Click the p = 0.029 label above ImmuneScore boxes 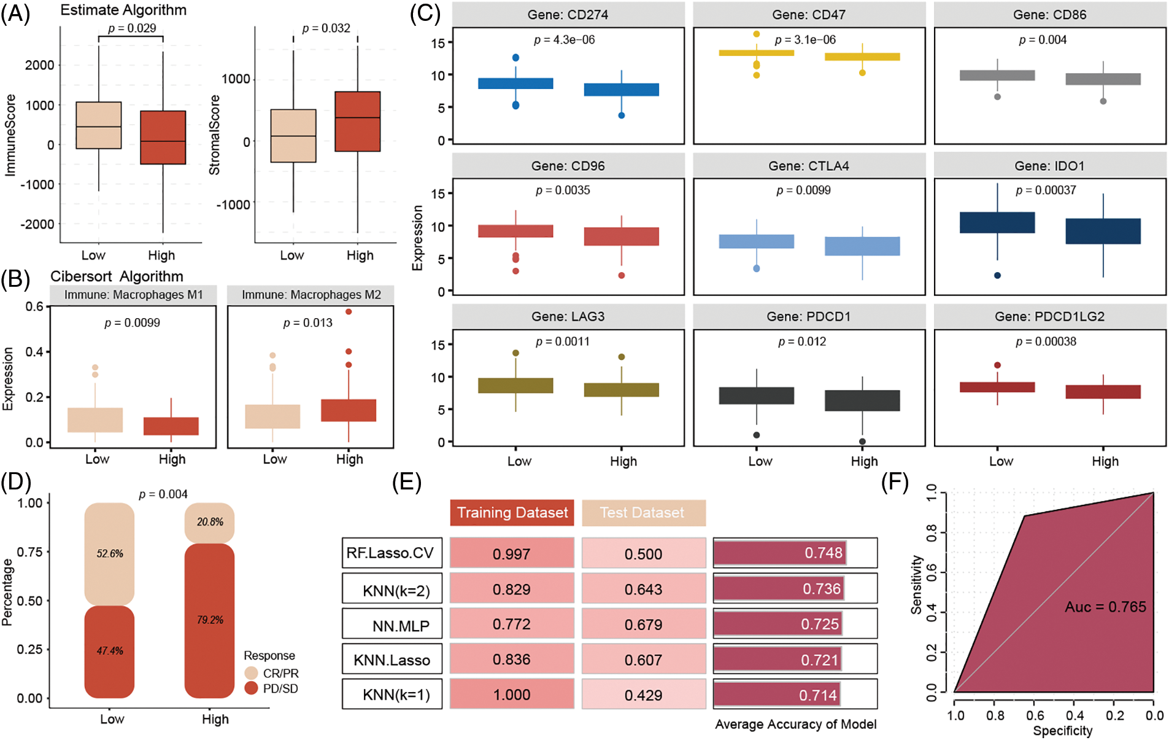pos(132,28)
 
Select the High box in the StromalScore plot pos(357,122)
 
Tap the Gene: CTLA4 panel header pos(809,166)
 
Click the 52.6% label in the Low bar pos(110,553)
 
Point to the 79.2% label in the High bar pos(210,620)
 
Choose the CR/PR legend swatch pos(251,673)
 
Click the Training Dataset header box pos(512,513)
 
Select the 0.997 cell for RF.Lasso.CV pos(511,554)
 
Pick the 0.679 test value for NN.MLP pos(643,625)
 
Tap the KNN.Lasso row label pos(392,660)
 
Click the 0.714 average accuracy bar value pos(817,695)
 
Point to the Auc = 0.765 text pos(1105,607)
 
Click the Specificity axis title pos(1062,731)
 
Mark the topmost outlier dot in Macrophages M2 pos(349,311)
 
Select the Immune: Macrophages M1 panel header pos(133,295)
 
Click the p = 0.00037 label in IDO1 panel pos(1046,190)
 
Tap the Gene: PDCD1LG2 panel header pos(1049,316)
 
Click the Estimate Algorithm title pos(123,10)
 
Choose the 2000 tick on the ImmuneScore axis pos(40,65)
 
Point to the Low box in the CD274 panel pos(515,84)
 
